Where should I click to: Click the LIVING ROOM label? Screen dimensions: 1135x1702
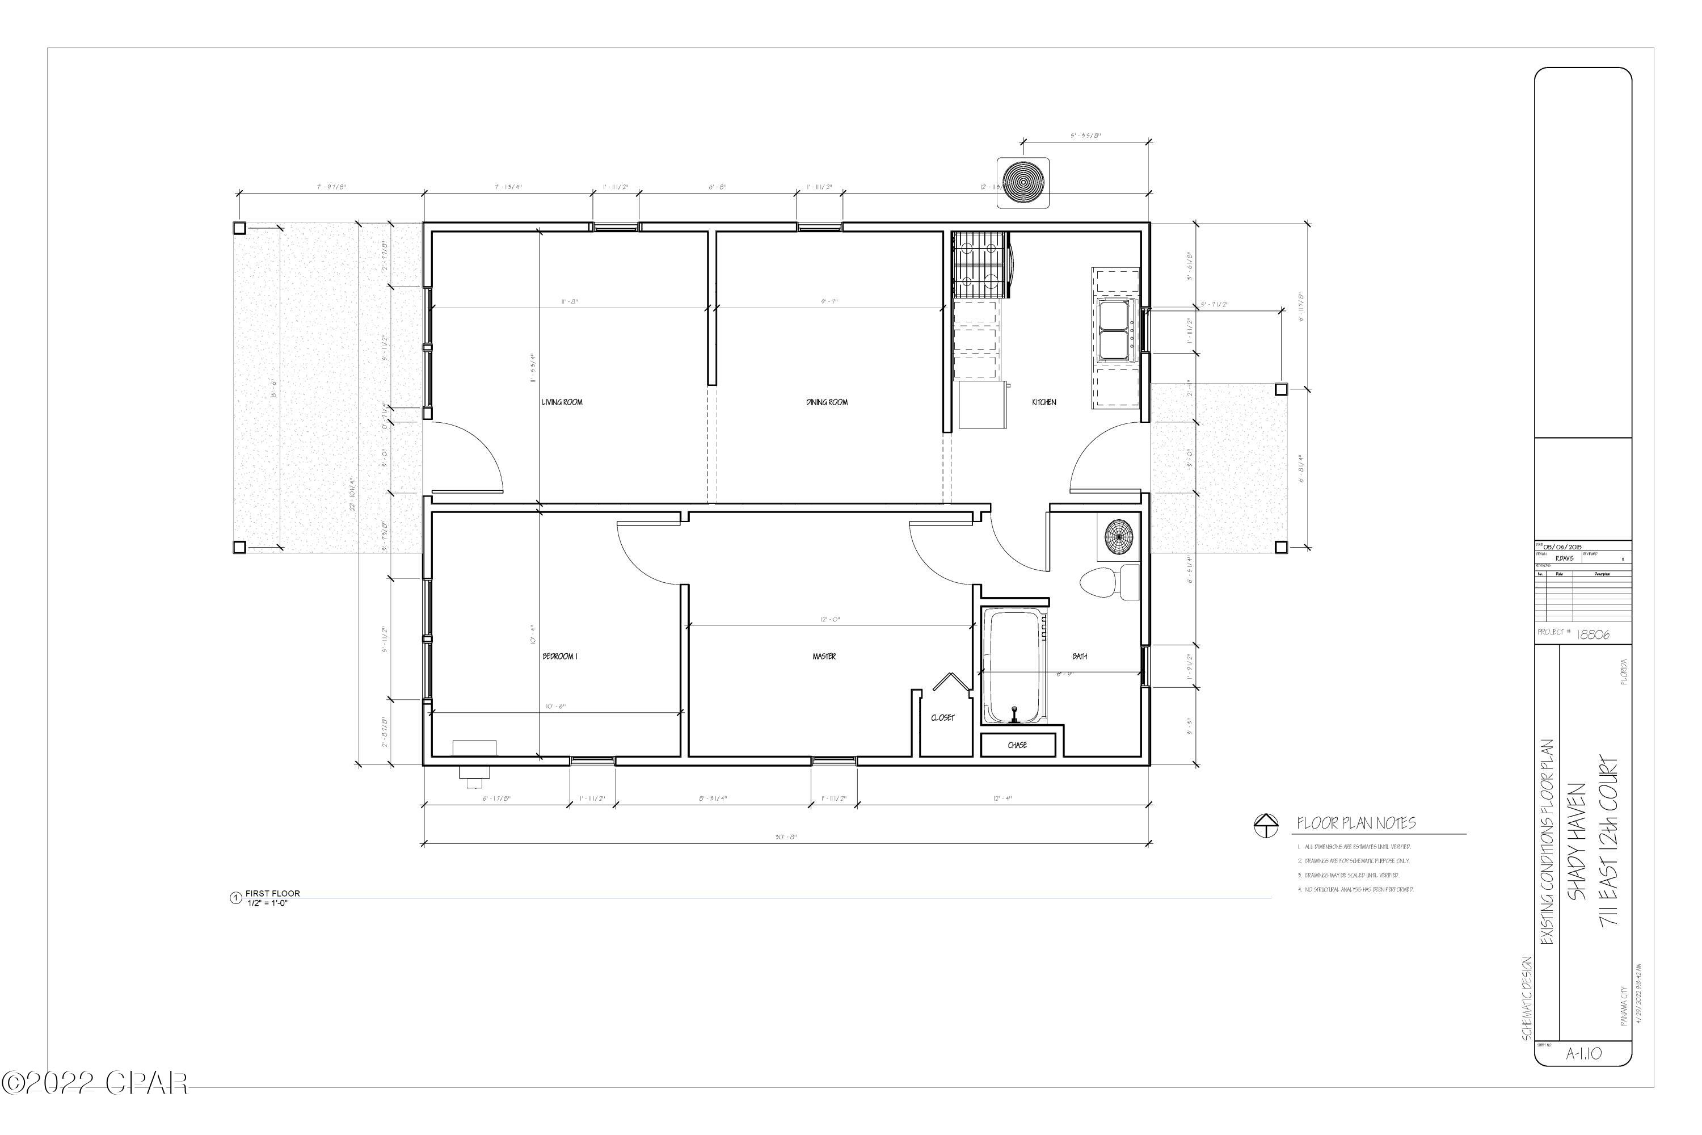(562, 402)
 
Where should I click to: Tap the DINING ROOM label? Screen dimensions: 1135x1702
(827, 402)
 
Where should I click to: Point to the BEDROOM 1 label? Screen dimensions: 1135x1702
(559, 657)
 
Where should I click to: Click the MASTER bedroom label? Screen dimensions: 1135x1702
(824, 657)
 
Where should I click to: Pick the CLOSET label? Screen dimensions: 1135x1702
(942, 718)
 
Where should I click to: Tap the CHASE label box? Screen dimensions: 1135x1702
(1017, 745)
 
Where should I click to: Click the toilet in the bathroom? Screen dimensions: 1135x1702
(1107, 583)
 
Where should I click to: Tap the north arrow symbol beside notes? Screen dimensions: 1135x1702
(1266, 825)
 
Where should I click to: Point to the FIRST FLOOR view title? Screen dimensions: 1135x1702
(272, 893)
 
